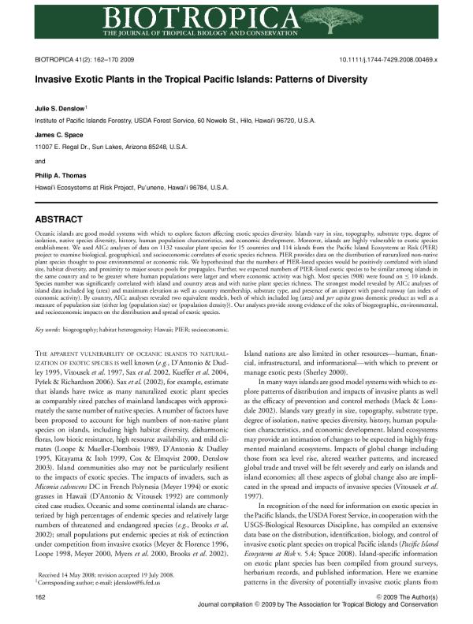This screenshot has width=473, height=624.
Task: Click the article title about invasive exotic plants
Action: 201,80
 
